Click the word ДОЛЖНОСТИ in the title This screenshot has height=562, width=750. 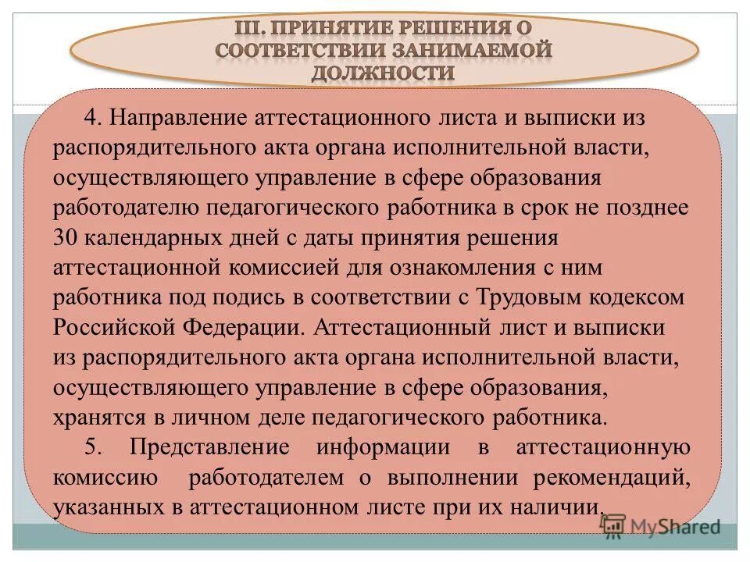pos(383,73)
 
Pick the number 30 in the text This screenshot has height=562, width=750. pos(64,237)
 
